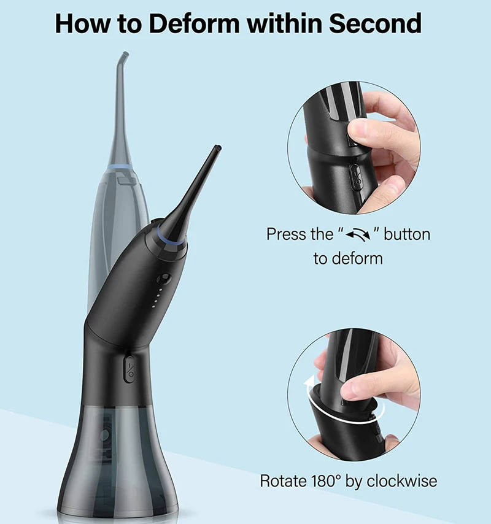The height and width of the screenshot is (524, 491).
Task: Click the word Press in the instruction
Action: point(285,234)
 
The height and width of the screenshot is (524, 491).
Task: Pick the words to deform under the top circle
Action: point(348,258)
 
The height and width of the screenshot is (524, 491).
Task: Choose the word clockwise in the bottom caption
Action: point(402,480)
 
